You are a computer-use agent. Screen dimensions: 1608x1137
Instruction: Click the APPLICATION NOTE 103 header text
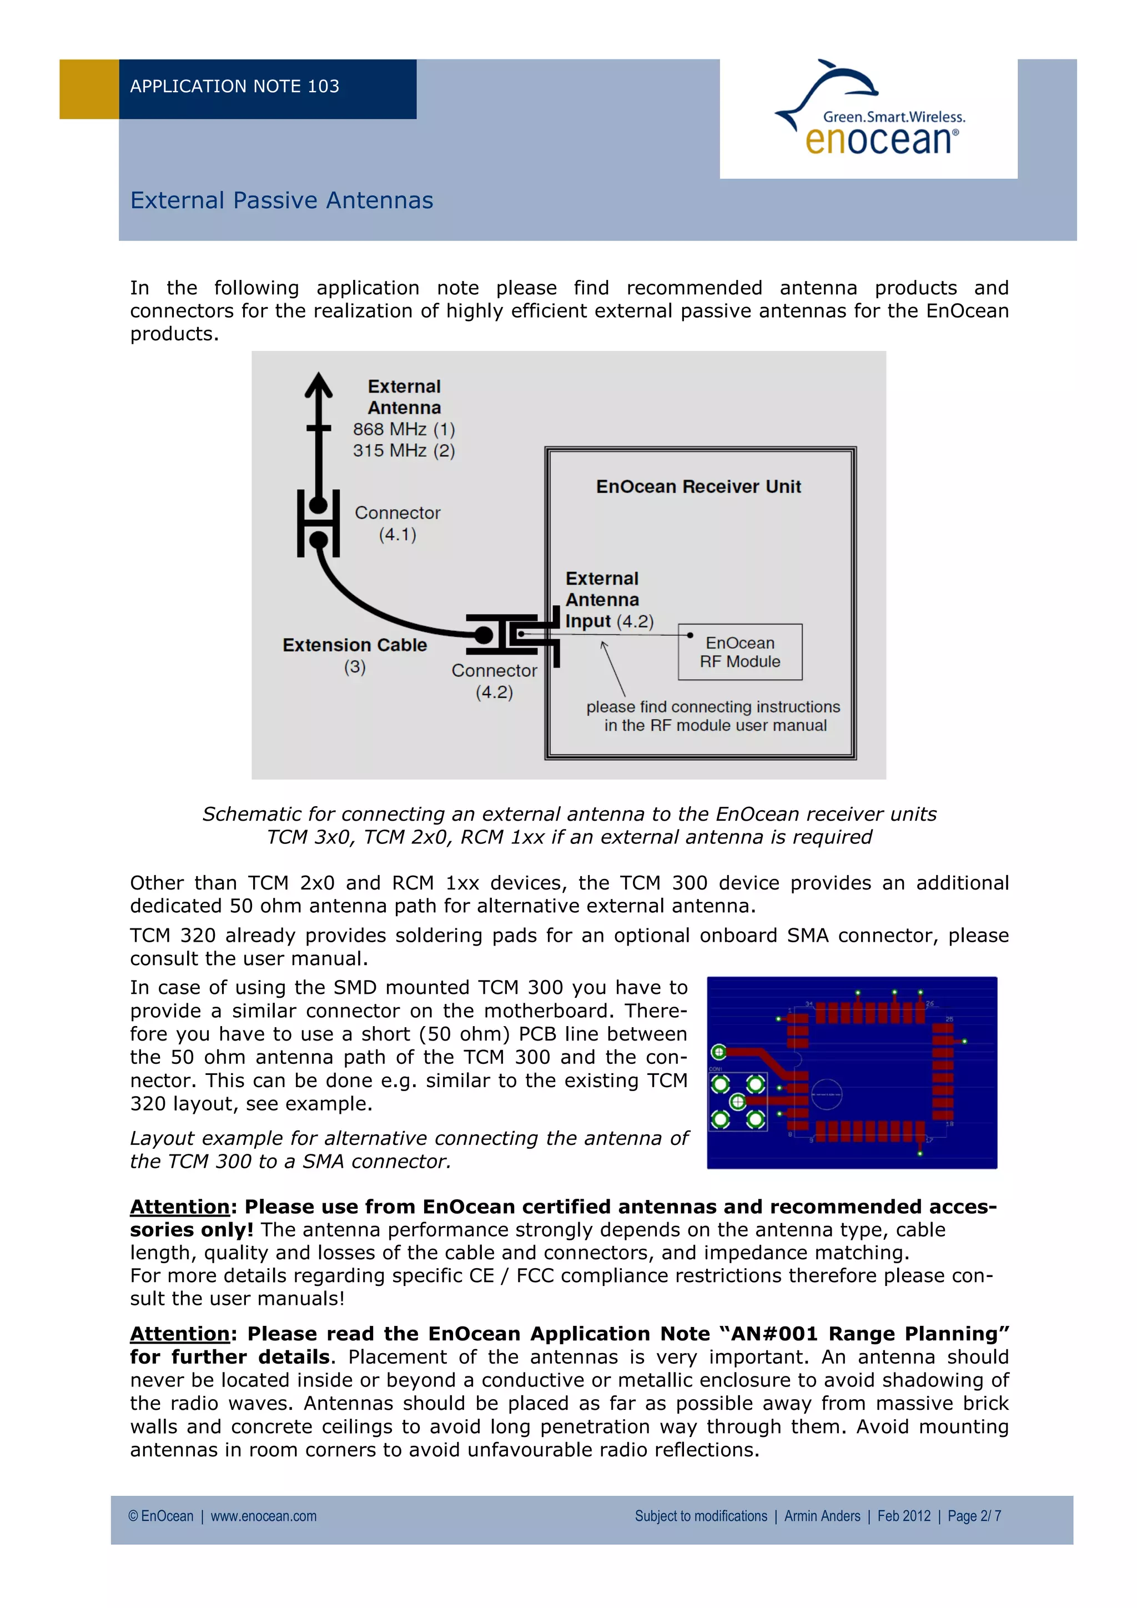[x=234, y=87]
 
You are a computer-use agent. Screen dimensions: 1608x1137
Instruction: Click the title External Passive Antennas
[x=281, y=201]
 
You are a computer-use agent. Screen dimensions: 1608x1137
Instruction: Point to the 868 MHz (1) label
[x=403, y=429]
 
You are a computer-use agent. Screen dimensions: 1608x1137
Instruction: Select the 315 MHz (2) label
[x=403, y=450]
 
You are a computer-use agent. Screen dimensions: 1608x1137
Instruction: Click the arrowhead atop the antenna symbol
[x=319, y=384]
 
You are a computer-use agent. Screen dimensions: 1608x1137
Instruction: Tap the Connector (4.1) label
[x=397, y=523]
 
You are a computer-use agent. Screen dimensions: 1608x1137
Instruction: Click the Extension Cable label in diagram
[x=354, y=645]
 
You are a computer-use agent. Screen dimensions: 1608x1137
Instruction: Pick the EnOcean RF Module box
[x=740, y=652]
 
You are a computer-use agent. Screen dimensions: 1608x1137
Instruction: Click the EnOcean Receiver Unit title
[x=698, y=487]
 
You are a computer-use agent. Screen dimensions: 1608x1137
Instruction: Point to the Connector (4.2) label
[x=494, y=681]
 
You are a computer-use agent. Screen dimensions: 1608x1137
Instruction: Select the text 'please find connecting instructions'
[x=713, y=707]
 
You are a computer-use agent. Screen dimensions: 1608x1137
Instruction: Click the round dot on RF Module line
[x=690, y=635]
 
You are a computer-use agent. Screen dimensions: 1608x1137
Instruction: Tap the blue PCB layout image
[x=851, y=1072]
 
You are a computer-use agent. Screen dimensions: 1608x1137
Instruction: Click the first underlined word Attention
[x=180, y=1207]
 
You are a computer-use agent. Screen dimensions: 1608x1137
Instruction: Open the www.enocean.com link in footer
[x=263, y=1516]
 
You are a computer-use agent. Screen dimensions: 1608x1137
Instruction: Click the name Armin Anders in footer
[x=822, y=1516]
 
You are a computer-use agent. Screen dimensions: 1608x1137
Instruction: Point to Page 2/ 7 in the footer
[x=974, y=1516]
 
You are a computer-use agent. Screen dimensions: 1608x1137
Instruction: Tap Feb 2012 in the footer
[x=903, y=1516]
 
